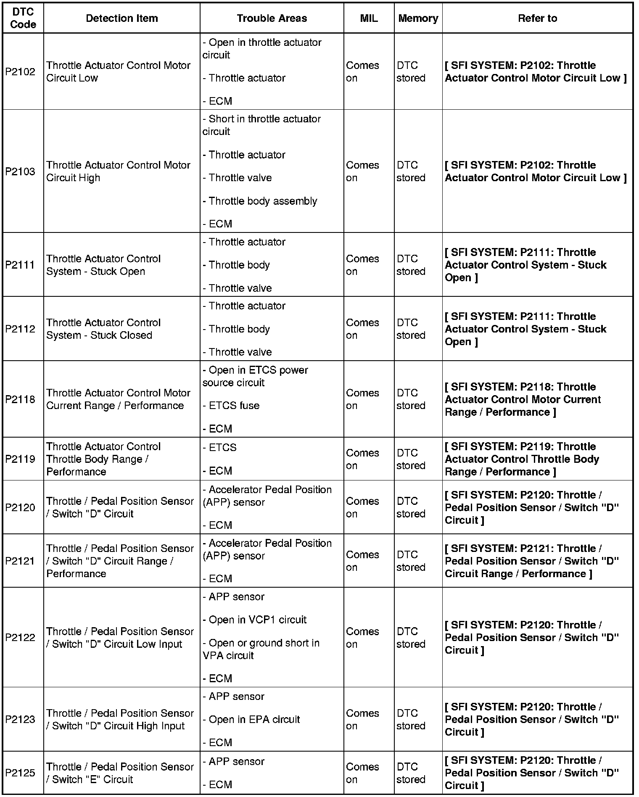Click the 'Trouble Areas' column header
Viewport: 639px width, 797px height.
point(272,18)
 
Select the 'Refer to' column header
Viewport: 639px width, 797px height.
point(537,18)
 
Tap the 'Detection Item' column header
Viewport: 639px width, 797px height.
point(121,18)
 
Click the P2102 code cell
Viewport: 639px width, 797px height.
point(20,71)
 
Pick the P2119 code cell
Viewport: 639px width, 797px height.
point(20,459)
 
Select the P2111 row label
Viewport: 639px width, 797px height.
point(20,265)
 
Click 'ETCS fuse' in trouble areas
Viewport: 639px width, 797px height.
point(234,406)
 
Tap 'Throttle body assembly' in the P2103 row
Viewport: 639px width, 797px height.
point(263,201)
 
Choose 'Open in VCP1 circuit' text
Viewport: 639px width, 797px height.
point(257,620)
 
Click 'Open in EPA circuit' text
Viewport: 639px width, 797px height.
point(254,719)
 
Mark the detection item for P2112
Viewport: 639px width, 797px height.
point(103,329)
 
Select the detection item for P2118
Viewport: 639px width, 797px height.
point(118,399)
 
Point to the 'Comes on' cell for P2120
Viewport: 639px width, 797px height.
point(362,507)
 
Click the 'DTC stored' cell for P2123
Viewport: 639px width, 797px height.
point(411,719)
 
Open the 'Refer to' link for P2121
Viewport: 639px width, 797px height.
point(532,561)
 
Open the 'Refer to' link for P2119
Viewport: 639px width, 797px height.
point(522,459)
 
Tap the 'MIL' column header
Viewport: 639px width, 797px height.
point(369,18)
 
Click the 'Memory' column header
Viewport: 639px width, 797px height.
point(418,18)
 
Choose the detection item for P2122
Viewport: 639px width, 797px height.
point(120,638)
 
